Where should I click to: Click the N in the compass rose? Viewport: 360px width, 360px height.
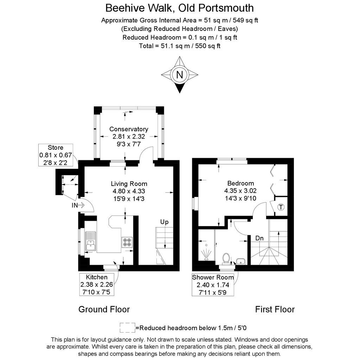point(180,75)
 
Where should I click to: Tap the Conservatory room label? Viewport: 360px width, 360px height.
point(129,129)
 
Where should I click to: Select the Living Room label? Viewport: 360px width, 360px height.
point(129,184)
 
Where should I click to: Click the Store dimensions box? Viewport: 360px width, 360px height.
point(56,155)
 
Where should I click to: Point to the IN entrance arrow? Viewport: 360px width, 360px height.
point(81,205)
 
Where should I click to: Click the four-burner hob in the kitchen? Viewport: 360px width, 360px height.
point(127,242)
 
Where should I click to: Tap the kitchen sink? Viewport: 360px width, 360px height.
point(90,241)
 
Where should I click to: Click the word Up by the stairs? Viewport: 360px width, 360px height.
point(164,222)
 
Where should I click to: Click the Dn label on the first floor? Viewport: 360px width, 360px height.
point(259,238)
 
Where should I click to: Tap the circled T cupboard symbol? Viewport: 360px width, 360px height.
point(281,207)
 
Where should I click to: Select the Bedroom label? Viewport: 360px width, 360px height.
point(240,183)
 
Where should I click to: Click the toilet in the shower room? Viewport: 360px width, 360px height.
point(226,259)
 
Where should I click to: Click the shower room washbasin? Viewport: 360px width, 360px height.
point(240,261)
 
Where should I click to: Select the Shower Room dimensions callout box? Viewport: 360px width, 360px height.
point(213,284)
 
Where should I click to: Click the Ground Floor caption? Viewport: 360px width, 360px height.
point(104,309)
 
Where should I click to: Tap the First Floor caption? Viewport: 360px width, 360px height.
point(275,309)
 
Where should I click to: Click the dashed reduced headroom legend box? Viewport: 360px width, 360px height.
point(127,328)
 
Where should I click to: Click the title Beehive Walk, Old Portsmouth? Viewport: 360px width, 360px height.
point(180,8)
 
